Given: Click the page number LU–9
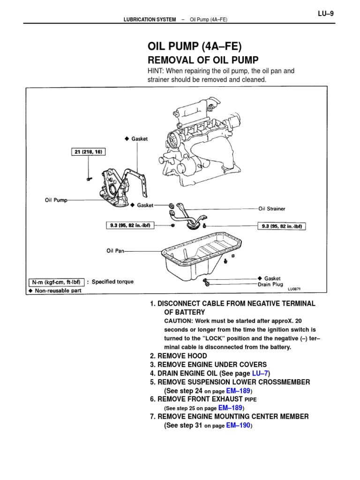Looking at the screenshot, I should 326,14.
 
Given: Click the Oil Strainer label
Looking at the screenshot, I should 271,209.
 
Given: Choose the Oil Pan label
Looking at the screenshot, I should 115,251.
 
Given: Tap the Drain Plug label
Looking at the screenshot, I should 270,284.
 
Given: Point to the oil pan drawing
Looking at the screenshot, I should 202,255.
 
